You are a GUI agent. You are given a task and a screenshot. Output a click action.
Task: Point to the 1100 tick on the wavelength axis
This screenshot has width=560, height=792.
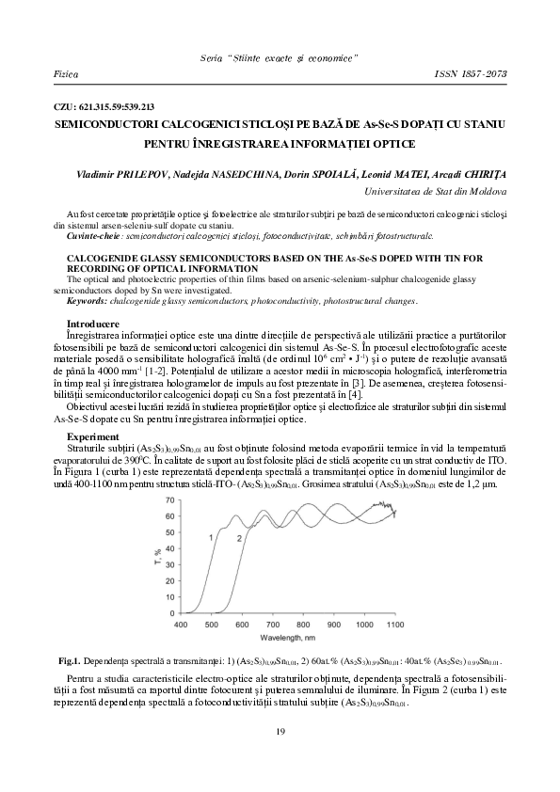(395, 624)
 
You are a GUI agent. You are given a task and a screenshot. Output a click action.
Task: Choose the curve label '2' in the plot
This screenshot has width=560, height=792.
(239, 537)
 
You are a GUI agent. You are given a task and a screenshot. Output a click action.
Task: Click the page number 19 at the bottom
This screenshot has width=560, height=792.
(280, 732)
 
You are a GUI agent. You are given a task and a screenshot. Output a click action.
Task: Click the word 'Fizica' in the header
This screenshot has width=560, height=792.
(67, 71)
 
